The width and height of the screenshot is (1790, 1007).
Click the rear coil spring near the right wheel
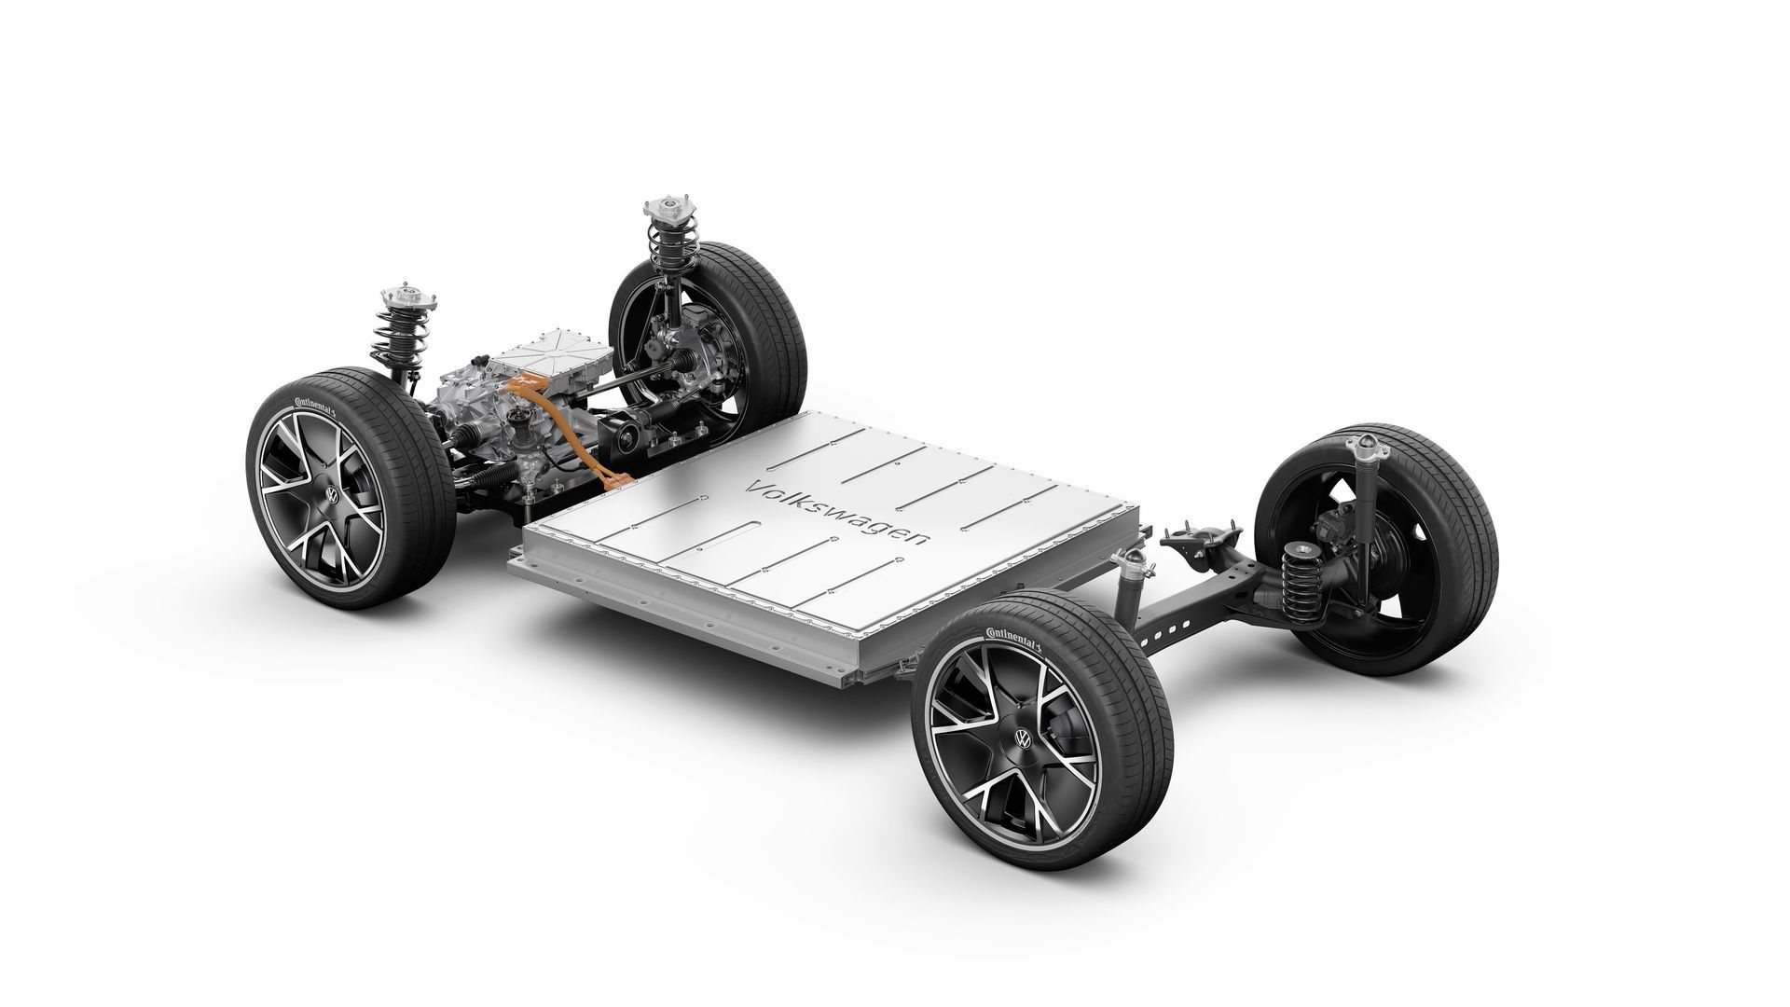[1299, 574]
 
